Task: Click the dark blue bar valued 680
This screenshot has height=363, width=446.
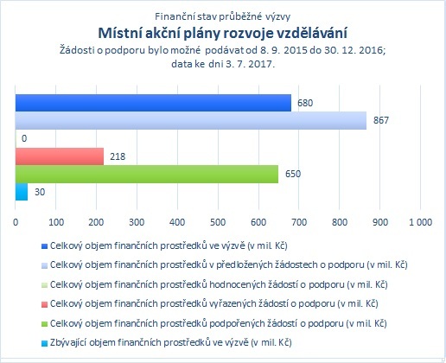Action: [153, 103]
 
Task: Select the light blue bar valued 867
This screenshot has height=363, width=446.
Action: [191, 121]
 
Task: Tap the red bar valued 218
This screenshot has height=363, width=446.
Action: [60, 156]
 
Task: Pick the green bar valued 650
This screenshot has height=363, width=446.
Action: [147, 174]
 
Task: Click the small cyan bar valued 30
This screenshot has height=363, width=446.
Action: [22, 192]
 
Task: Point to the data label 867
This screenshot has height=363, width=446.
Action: [381, 120]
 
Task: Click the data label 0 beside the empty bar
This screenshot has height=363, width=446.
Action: [24, 138]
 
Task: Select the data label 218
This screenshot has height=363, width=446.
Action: [118, 156]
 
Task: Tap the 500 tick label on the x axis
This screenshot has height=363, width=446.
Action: [218, 222]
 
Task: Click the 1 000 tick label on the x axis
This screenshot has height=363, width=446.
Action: [421, 222]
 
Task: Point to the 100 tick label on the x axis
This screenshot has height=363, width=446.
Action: [56, 222]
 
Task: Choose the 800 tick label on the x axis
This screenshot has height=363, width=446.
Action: [340, 222]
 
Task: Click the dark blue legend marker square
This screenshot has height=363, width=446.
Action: [44, 246]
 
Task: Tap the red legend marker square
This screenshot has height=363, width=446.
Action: [44, 304]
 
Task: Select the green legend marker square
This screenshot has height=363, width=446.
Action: [44, 324]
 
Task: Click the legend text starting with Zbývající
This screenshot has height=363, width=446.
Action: [170, 342]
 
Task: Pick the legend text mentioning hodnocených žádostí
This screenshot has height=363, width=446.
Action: [219, 284]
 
